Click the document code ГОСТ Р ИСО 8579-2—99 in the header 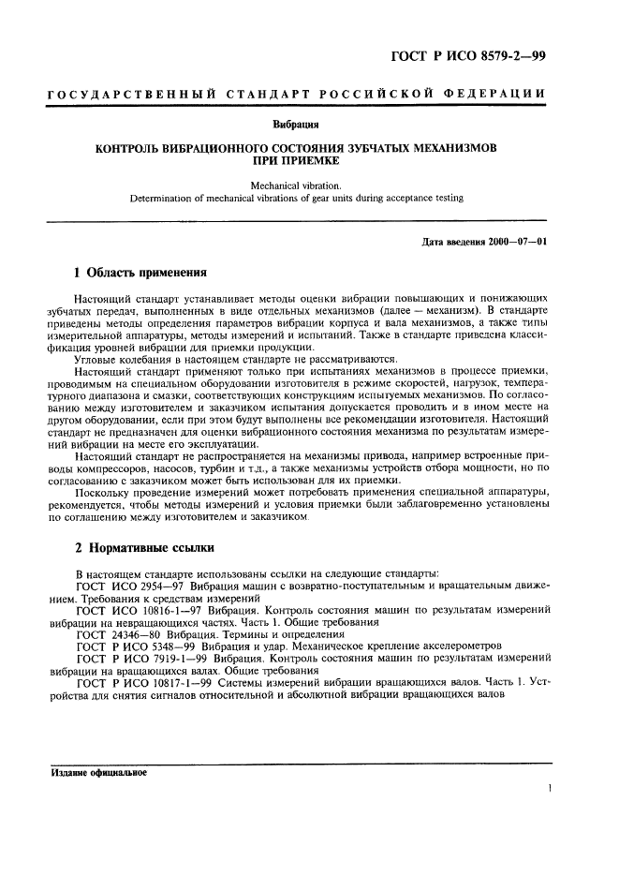tap(467, 57)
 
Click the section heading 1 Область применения tap(140, 274)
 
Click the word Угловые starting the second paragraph tap(98, 359)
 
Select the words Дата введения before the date tap(454, 242)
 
